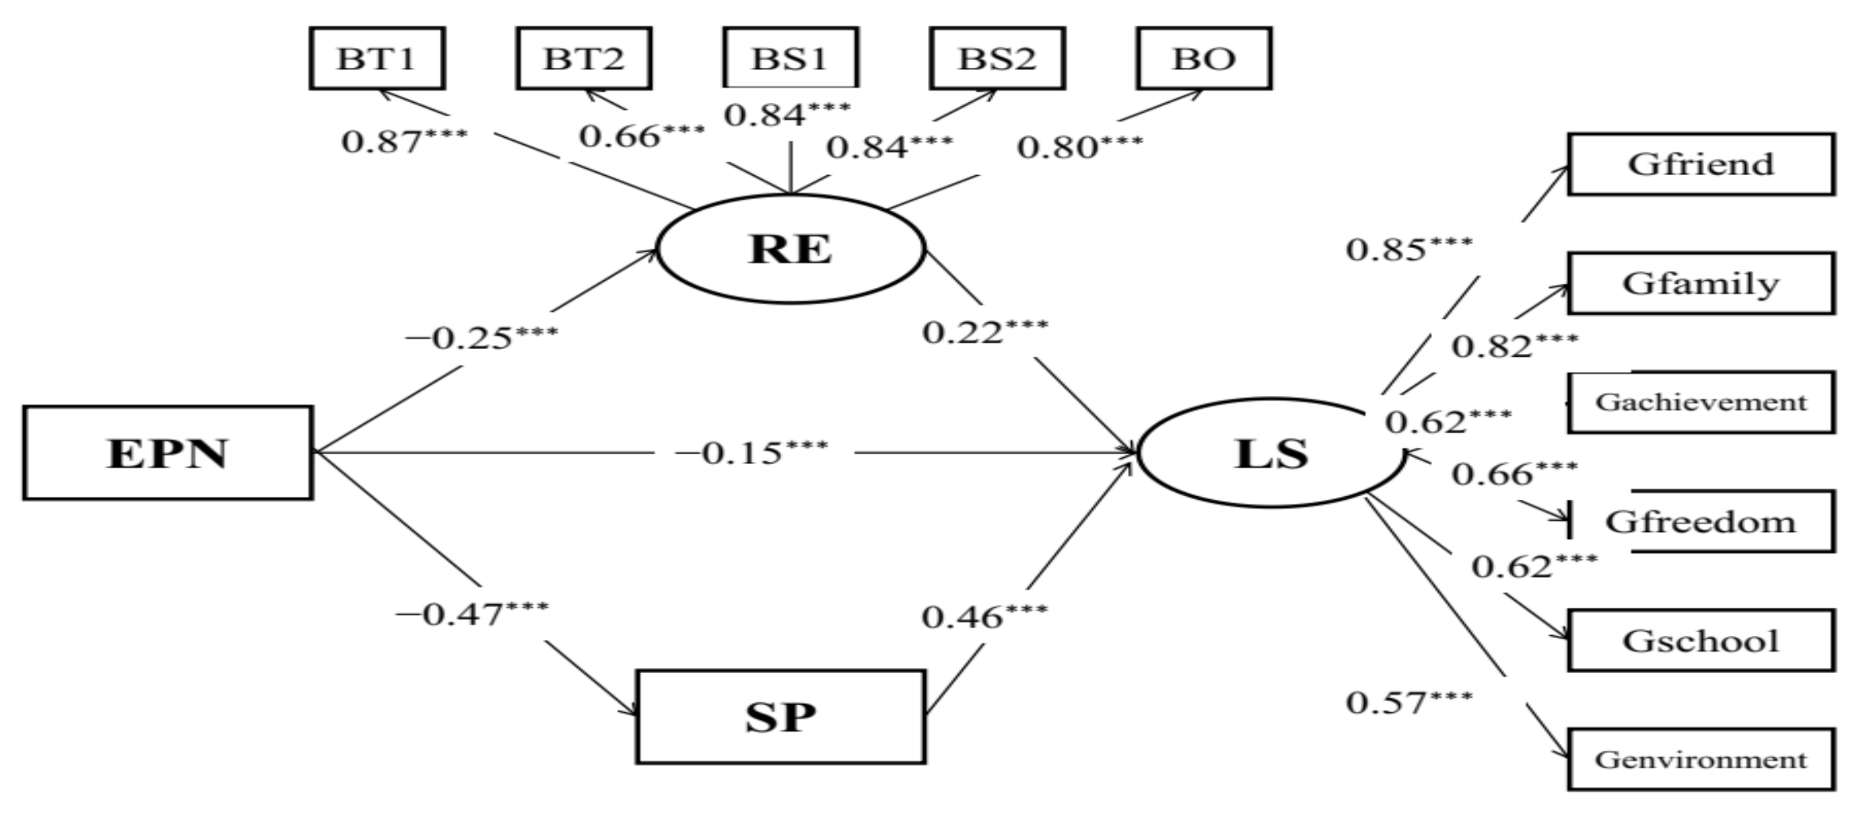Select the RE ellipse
point(791,249)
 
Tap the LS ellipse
point(1271,454)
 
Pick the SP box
point(780,716)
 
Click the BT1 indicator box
point(377,59)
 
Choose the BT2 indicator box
point(584,59)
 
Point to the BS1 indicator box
point(790,59)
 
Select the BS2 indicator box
point(997,59)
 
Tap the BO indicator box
point(1204,59)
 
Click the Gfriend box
point(1700,164)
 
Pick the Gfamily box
point(1700,284)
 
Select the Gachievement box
point(1700,403)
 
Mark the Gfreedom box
point(1700,522)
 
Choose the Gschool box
point(1700,640)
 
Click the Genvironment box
point(1700,759)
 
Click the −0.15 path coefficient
point(751,454)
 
